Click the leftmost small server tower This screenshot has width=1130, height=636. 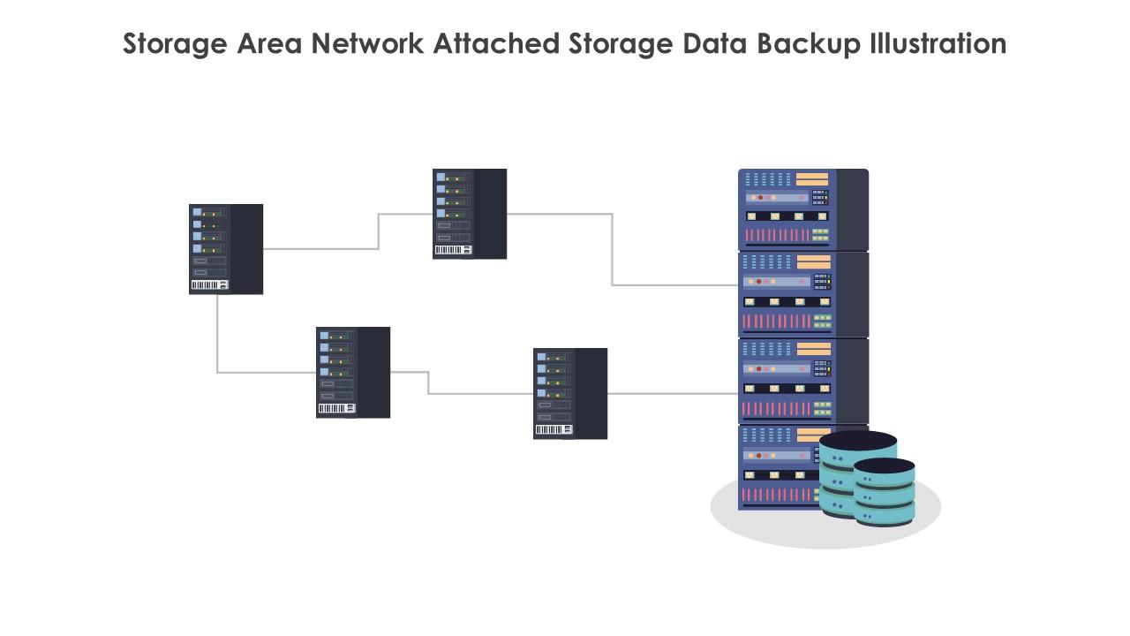pos(226,249)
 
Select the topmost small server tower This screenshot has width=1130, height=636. pos(470,214)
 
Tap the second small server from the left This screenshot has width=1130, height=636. pos(353,372)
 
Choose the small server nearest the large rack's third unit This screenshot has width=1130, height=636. pos(570,393)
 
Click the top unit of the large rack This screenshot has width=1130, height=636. pos(802,209)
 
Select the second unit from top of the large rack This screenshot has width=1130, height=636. pos(802,295)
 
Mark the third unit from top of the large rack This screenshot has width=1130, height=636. pos(802,382)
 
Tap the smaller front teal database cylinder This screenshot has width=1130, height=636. pos(885,495)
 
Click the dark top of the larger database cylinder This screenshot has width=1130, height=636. pos(858,440)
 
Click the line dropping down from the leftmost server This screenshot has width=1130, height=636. pos(217,336)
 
